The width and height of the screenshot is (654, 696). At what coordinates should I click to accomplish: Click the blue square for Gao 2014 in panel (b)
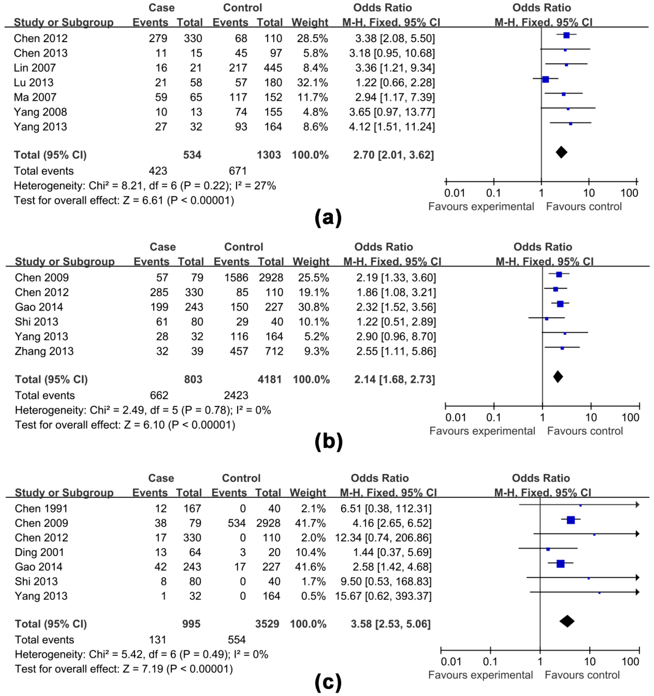click(560, 304)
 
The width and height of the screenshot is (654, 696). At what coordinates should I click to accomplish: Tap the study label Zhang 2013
click(44, 351)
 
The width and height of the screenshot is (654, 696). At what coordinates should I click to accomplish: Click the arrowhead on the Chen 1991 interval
click(637, 504)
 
